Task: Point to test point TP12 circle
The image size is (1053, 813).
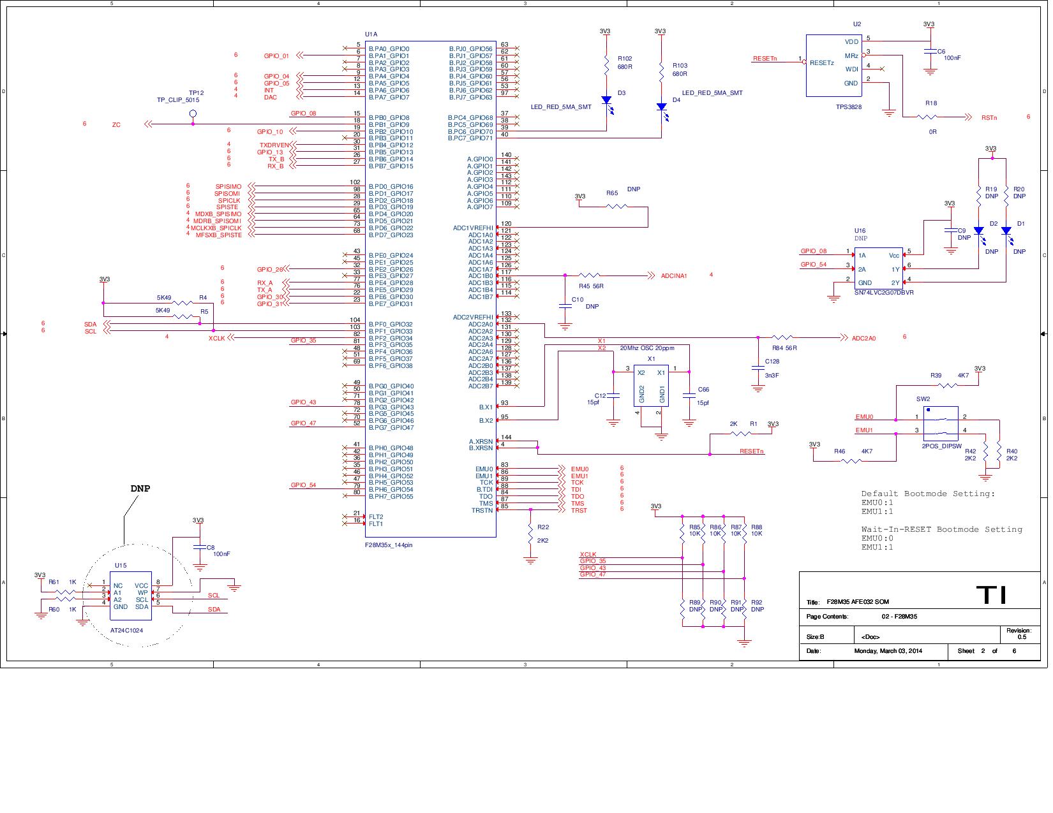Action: pyautogui.click(x=193, y=114)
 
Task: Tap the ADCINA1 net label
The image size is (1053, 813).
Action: pyautogui.click(x=674, y=276)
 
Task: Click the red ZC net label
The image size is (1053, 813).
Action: pyautogui.click(x=116, y=125)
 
